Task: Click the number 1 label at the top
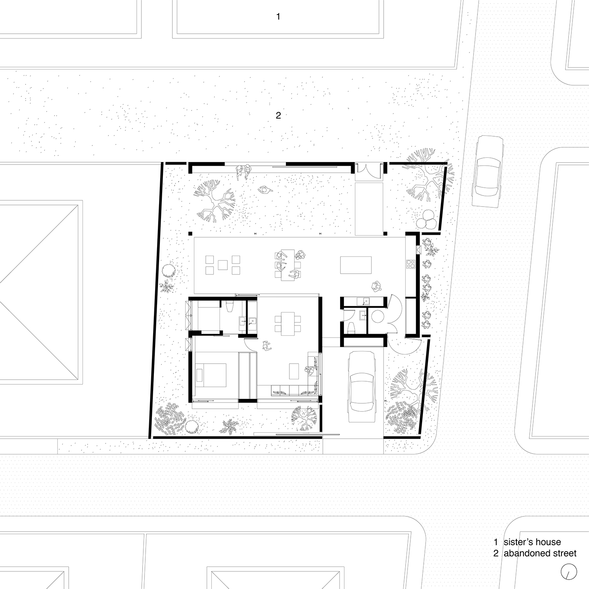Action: (x=278, y=16)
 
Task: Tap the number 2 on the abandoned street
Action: (x=278, y=115)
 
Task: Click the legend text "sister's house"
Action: (x=532, y=542)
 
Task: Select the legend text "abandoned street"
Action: (x=540, y=553)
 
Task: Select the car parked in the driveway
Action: (x=361, y=386)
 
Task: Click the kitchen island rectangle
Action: (x=356, y=265)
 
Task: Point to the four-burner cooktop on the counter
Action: (x=410, y=264)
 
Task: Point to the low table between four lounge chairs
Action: (x=223, y=265)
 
